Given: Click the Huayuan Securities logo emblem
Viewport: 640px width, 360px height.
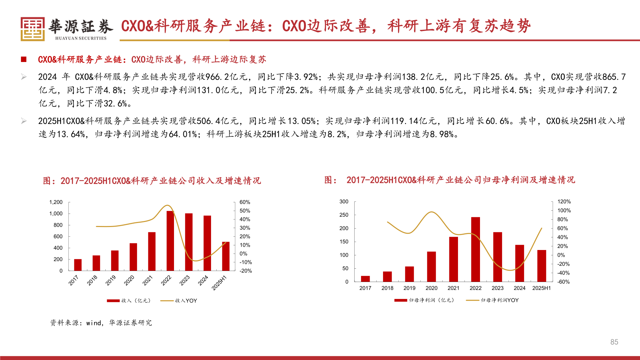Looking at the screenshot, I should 33,29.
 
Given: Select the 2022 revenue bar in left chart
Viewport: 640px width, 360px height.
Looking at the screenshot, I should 170,241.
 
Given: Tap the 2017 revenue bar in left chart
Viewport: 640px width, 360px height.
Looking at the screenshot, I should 78,265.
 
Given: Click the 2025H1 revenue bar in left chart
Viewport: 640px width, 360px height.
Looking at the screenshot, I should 226,256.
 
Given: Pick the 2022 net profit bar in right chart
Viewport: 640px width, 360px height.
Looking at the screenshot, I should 475,249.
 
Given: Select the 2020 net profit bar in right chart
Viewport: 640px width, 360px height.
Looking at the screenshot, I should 431,267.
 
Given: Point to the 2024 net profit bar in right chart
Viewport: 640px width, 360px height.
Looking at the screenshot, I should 519,263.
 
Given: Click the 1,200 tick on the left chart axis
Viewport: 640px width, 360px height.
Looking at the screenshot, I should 56,202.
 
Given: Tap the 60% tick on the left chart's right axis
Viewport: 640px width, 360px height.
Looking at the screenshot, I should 245,202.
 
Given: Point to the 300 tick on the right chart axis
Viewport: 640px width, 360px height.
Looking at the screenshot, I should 344,202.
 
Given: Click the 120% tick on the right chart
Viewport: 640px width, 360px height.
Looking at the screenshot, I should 564,202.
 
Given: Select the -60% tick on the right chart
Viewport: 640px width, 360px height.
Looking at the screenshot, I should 563,282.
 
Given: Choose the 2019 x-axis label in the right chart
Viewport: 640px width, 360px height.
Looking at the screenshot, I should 409,288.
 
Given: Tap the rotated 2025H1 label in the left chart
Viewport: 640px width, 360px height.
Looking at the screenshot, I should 219,283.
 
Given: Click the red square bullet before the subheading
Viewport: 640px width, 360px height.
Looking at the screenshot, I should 24,59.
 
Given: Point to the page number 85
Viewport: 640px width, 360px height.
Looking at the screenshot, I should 614,342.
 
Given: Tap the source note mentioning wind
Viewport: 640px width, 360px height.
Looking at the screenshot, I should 101,323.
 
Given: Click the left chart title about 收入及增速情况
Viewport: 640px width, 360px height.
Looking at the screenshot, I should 152,181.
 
